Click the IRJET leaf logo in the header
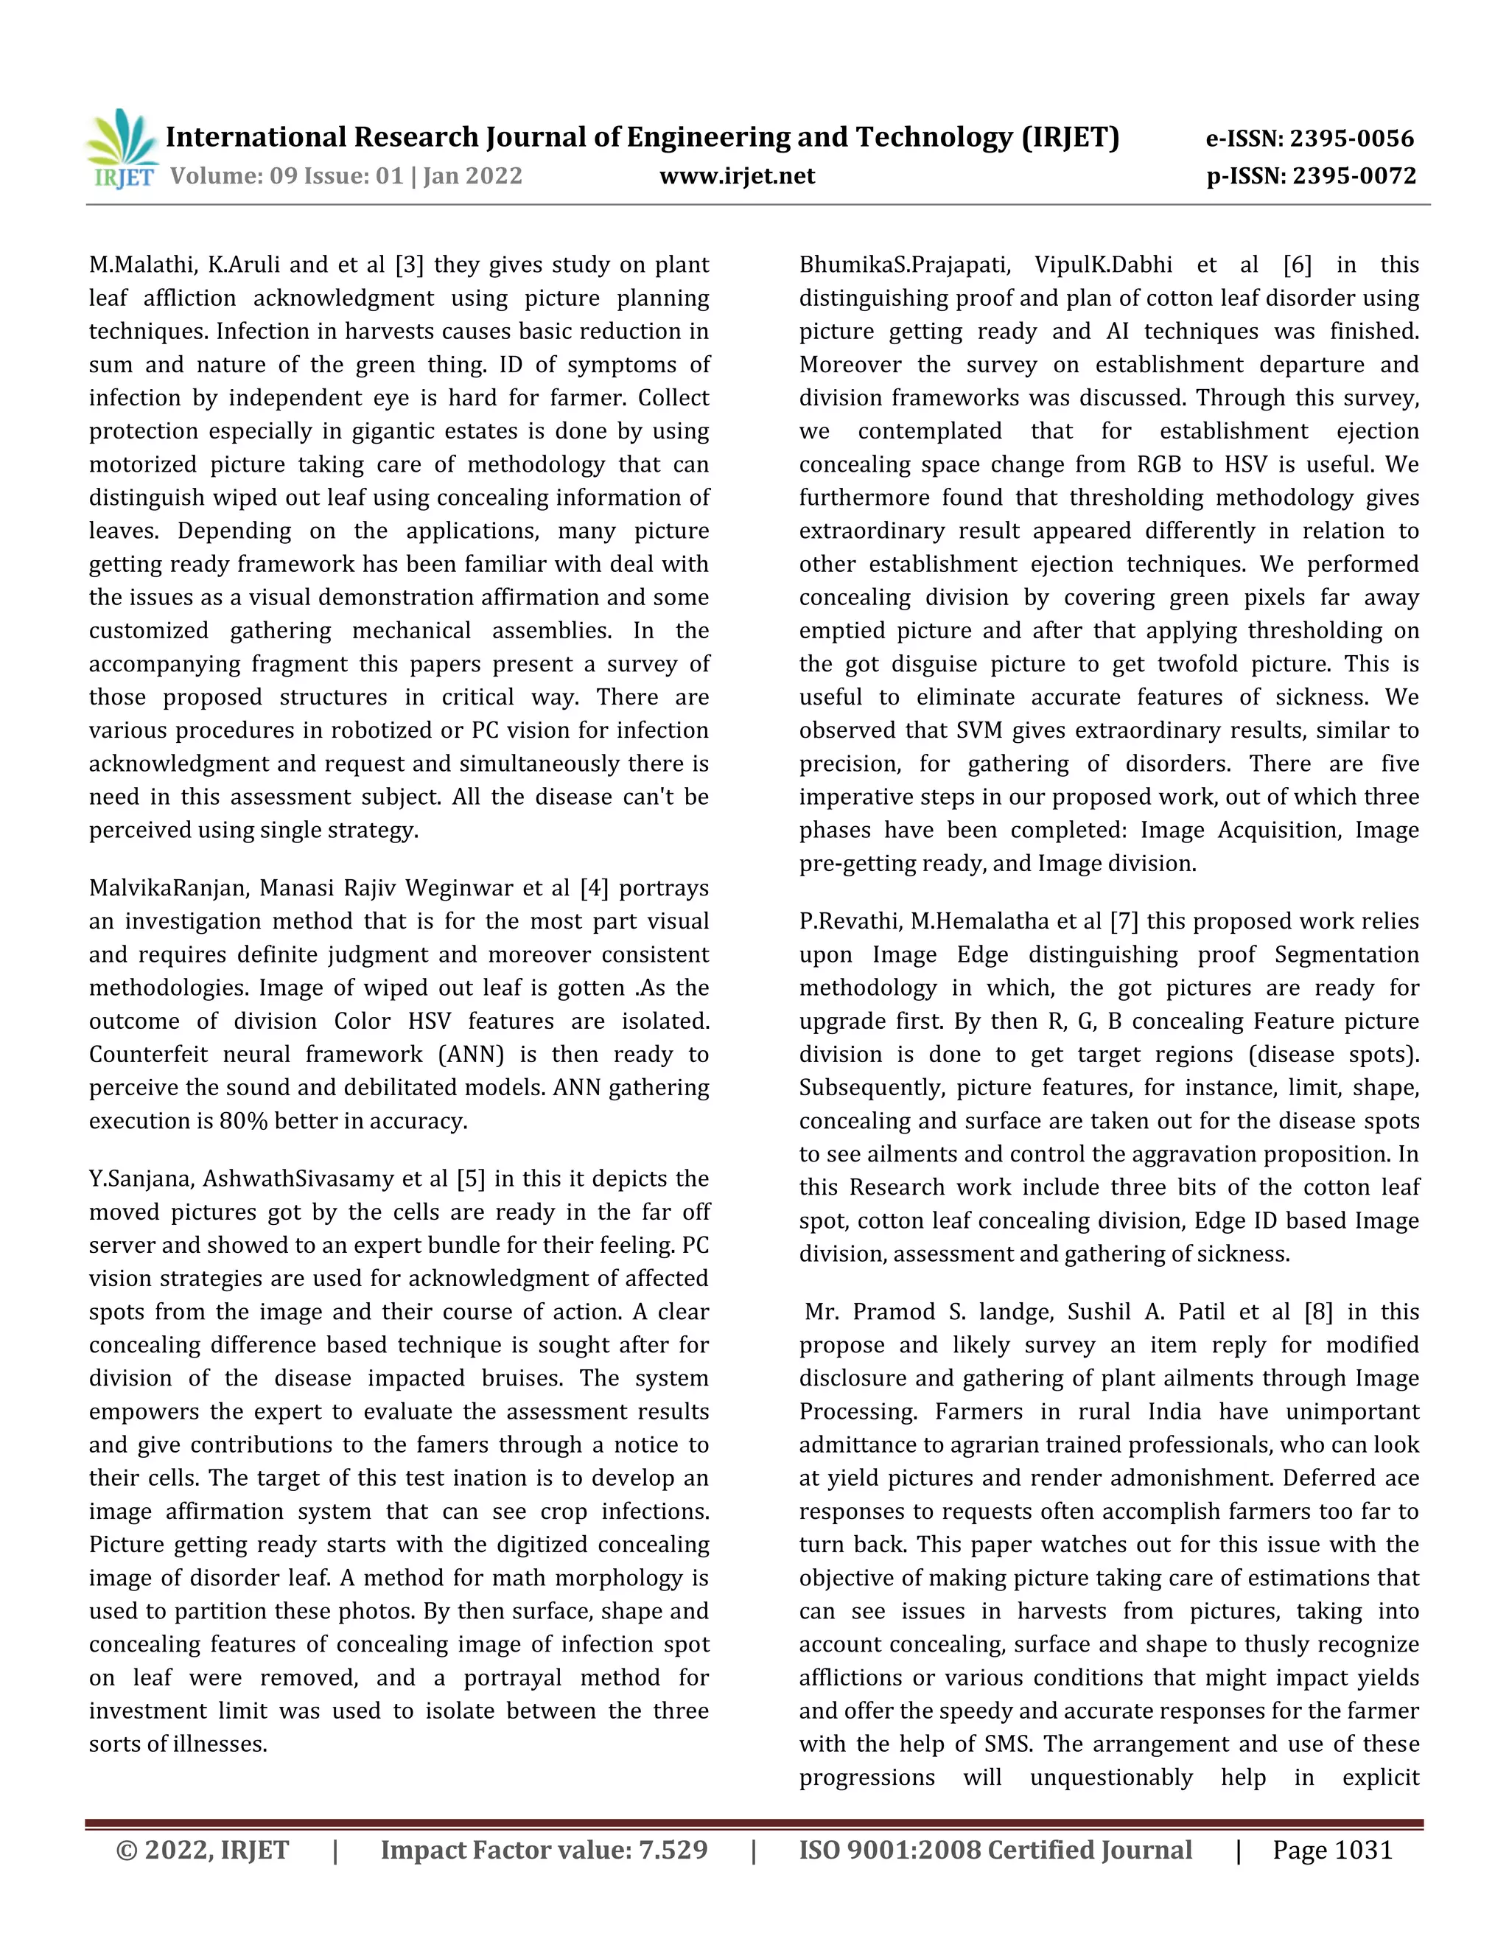(122, 147)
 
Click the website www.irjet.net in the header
(737, 176)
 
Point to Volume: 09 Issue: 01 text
(287, 176)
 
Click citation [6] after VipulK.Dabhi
(1297, 265)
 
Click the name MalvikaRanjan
(167, 888)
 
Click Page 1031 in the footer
(1332, 1850)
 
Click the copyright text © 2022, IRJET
(203, 1850)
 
